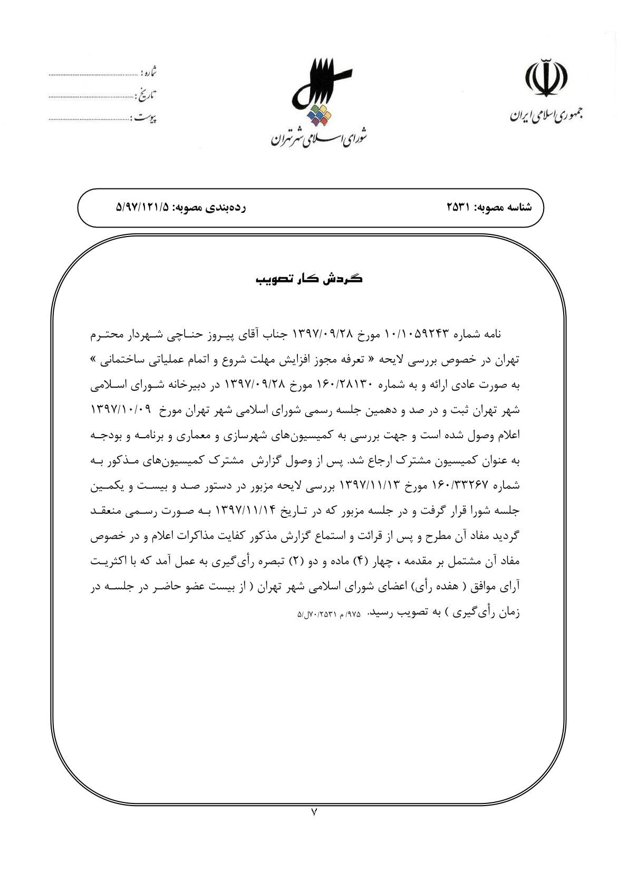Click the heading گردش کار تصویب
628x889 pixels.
pyautogui.click(x=309, y=279)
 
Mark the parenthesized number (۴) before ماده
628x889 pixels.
pyautogui.click(x=359, y=561)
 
